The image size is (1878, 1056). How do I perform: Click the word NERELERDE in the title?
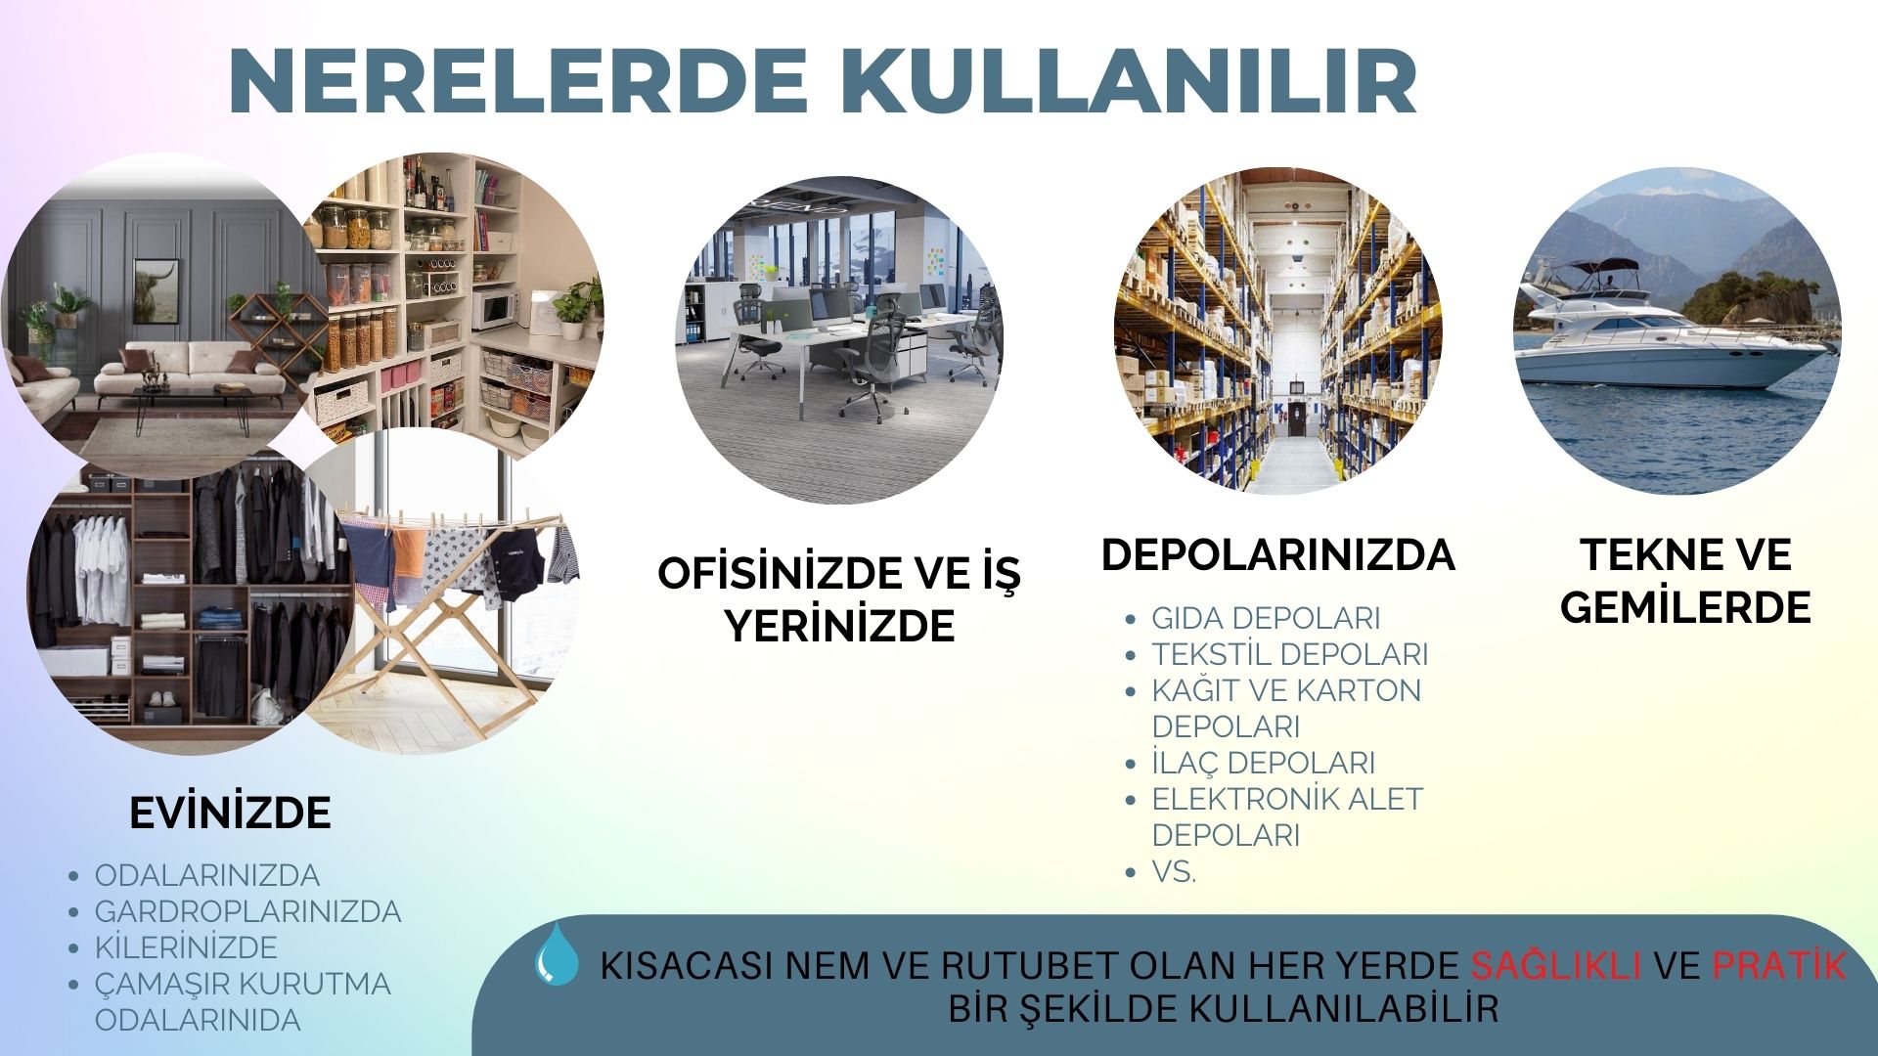518,81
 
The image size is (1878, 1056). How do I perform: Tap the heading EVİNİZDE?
230,813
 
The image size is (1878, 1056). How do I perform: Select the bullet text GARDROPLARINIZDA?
247,911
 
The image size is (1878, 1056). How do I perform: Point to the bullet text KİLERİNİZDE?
186,946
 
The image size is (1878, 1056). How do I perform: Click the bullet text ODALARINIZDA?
207,875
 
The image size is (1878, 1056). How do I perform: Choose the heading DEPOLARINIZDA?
1277,555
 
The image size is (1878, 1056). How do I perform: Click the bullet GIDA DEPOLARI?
1266,618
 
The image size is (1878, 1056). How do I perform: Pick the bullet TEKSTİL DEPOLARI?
1290,654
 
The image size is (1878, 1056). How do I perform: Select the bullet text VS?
1174,871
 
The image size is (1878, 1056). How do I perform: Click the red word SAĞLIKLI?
1556,965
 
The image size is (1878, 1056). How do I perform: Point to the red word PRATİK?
1778,965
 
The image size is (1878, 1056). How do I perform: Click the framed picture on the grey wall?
156,291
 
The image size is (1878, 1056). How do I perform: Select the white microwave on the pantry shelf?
494,308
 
